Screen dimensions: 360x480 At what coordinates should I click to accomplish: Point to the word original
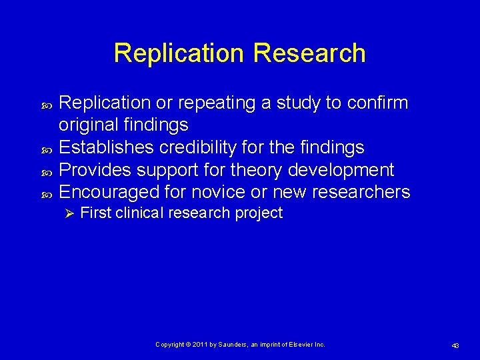89,125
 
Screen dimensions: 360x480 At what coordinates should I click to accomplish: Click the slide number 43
455,345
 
